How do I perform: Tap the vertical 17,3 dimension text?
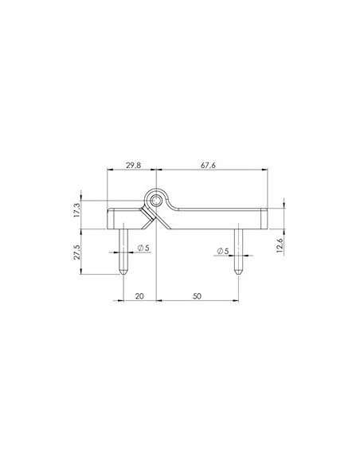[x=77, y=210]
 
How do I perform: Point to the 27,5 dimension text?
[x=77, y=252]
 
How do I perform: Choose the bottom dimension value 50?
[x=197, y=295]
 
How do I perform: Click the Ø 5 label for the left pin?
[x=143, y=248]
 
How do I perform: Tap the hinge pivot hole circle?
[x=158, y=197]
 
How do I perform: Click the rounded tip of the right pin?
[x=237, y=272]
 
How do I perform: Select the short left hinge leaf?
[x=123, y=217]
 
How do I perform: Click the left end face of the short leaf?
[x=108, y=217]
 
